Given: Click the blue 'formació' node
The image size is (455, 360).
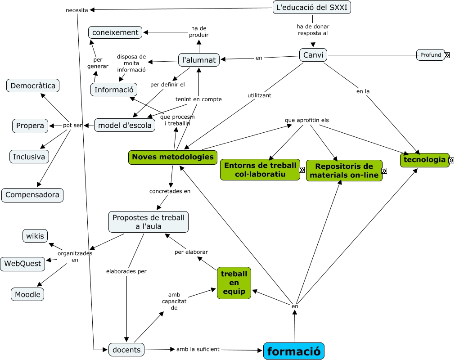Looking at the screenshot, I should coord(294,351).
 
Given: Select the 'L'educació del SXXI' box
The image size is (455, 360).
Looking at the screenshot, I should coord(312,8).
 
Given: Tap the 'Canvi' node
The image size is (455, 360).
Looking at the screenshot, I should coord(313,55).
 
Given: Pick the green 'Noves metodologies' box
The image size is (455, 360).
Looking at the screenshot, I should coord(173,157).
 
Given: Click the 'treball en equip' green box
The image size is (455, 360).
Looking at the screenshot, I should coord(234,283).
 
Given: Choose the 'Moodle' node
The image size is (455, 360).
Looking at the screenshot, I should coord(27,295).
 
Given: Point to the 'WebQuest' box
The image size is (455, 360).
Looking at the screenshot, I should coord(23,264).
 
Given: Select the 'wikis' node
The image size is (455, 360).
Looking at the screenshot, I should coord(35,236).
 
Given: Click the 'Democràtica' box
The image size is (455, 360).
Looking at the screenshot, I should coord(33,85).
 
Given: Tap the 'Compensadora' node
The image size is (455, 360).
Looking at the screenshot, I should coord(32,195).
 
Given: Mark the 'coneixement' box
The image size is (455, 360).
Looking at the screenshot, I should coord(115,32).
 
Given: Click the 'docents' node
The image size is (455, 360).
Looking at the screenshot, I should coord(126,350).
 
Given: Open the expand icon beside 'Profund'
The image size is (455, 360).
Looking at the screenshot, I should coord(447,55).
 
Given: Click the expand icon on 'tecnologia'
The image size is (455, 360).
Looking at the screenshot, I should coord(451,160).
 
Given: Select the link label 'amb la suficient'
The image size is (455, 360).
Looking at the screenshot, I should coord(198,349).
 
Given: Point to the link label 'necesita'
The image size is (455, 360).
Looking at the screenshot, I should coord(77,10).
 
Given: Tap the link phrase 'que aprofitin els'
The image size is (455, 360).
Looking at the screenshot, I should coord(307,120).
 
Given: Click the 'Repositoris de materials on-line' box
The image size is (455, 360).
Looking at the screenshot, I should coord(344,171).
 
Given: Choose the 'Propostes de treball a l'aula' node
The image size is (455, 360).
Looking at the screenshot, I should coord(149,222).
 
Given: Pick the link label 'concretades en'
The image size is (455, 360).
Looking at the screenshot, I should coord(170,191).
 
